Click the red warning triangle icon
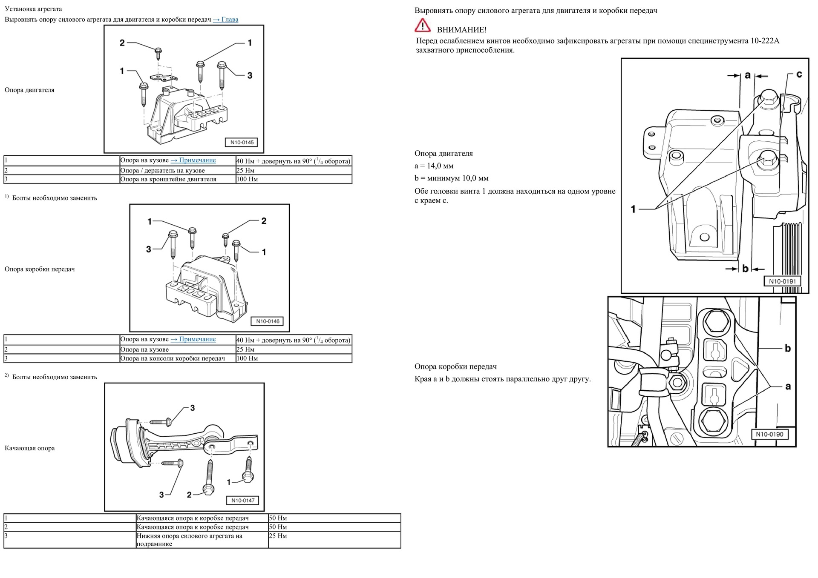coord(422,26)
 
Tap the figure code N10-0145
coord(242,143)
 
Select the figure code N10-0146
coord(268,321)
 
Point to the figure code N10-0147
coord(243,501)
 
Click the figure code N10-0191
coord(782,281)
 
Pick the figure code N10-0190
coord(769,434)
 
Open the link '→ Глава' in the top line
coord(225,20)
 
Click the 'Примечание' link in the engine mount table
coord(193,160)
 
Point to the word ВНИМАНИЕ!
coord(461,30)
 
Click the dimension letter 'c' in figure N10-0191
coord(799,74)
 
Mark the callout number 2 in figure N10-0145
coord(122,43)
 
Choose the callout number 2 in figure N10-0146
coord(264,221)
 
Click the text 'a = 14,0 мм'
coord(434,166)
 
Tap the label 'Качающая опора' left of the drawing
coord(30,448)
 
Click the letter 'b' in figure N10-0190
coord(788,348)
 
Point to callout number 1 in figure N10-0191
coord(633,209)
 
